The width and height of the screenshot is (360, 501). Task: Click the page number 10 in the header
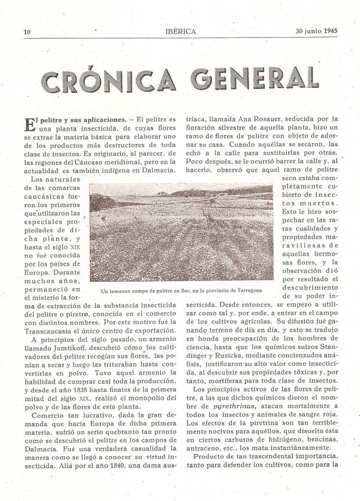[x=27, y=31]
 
